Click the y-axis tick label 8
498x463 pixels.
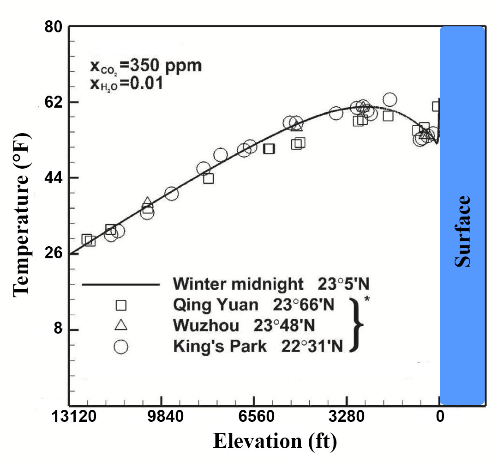[58, 329]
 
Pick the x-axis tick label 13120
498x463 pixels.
[73, 416]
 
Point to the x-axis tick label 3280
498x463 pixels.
[347, 416]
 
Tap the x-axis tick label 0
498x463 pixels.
[440, 416]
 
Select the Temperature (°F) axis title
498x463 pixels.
[22, 215]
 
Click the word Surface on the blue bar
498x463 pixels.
[462, 231]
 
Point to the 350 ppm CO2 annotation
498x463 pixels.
[146, 66]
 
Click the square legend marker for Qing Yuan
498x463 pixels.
[121, 305]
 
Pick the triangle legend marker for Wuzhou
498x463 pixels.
[121, 325]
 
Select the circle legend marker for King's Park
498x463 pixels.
[121, 346]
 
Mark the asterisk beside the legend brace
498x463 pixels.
[367, 299]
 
